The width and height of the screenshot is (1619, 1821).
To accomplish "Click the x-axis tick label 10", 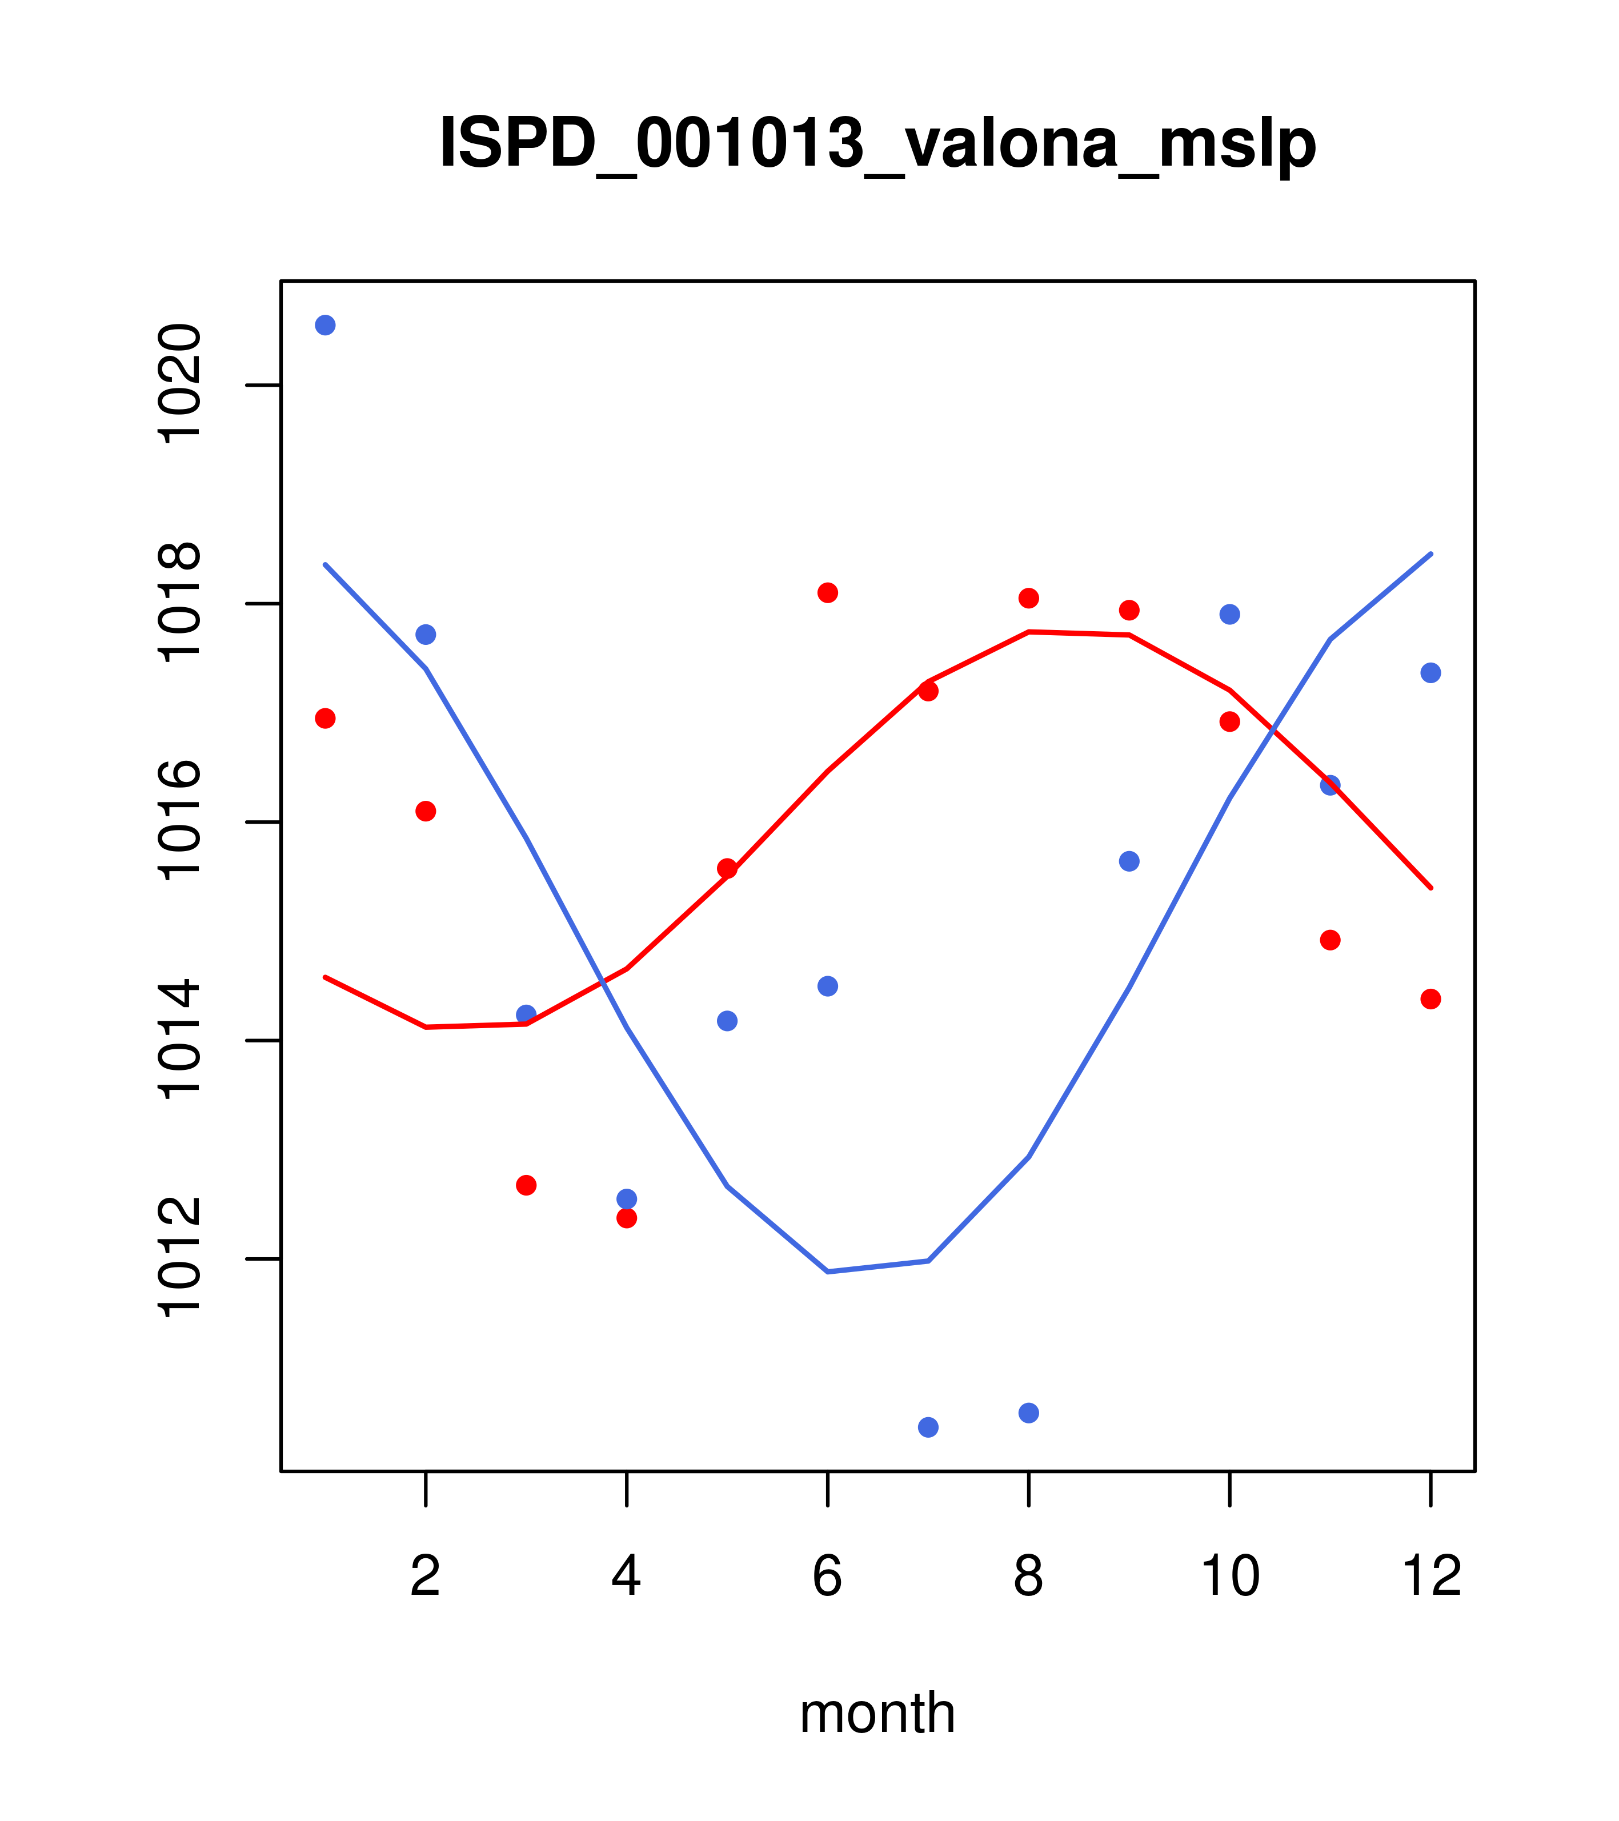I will (x=1229, y=1575).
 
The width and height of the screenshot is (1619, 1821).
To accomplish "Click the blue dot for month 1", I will (x=325, y=325).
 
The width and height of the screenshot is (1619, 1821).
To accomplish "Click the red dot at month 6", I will (x=828, y=592).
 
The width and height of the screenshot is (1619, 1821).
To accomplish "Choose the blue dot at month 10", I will (x=1229, y=614).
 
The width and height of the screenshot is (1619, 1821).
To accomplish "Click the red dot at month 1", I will (x=325, y=718).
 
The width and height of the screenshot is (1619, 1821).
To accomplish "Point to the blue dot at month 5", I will (x=727, y=1020).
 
